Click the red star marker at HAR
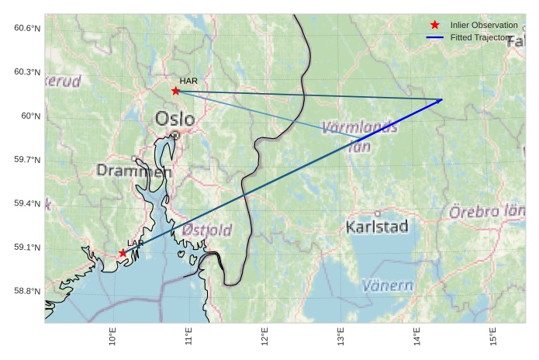click(x=176, y=91)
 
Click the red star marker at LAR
click(x=123, y=253)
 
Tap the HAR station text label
click(x=188, y=81)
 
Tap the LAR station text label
click(x=136, y=244)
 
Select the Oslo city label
click(x=175, y=119)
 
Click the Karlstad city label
click(x=377, y=227)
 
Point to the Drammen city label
click(x=133, y=171)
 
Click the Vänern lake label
click(x=388, y=286)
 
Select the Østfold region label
click(x=206, y=230)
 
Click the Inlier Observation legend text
click(x=483, y=26)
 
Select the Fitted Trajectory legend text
click(x=481, y=37)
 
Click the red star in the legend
click(x=435, y=26)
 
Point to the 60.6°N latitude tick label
click(x=27, y=29)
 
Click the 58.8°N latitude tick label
click(x=27, y=292)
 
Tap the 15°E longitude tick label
click(x=493, y=339)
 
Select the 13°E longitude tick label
click(x=341, y=339)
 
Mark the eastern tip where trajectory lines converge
click(x=442, y=99)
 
